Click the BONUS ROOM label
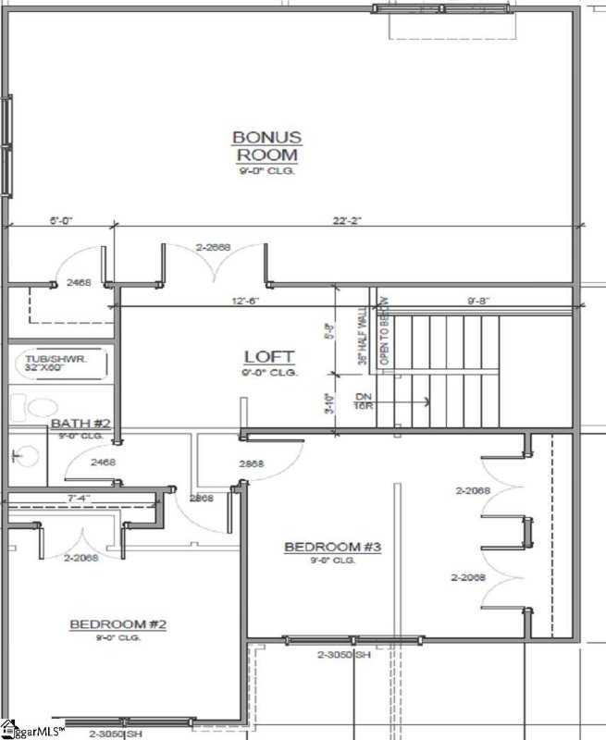[x=266, y=146]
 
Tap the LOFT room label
[x=269, y=356]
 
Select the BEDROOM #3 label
[x=332, y=548]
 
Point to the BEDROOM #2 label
[x=117, y=625]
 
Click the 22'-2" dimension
[x=346, y=221]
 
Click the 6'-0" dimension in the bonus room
[x=61, y=221]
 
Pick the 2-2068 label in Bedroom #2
[x=81, y=558]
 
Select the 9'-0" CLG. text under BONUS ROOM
[x=266, y=171]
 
